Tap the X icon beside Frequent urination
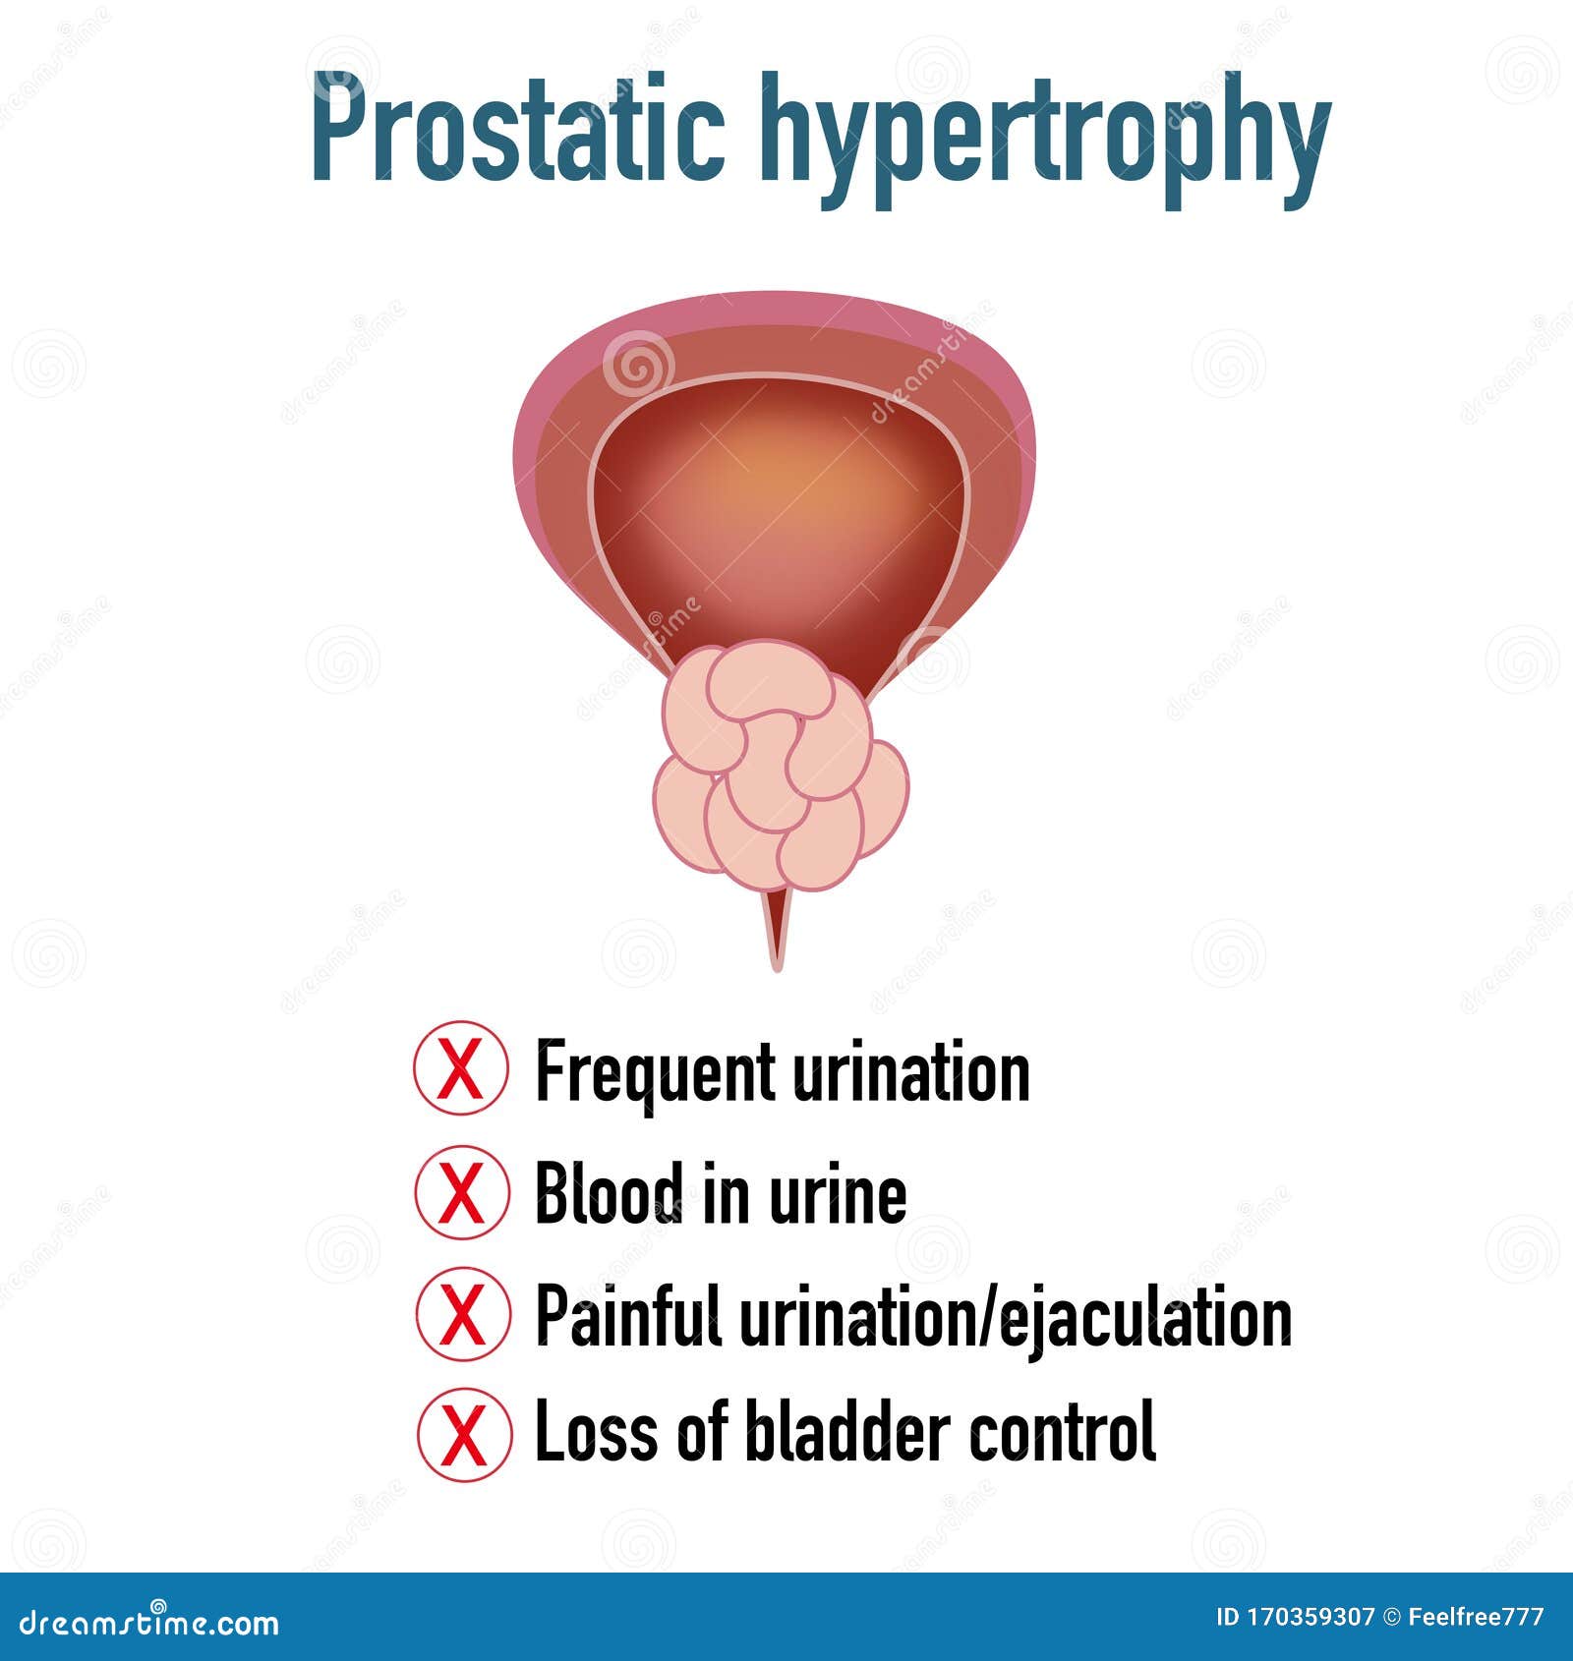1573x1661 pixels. coord(461,1068)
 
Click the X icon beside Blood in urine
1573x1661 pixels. coord(461,1192)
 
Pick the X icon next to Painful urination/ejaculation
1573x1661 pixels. coord(462,1313)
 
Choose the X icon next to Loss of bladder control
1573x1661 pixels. coord(463,1434)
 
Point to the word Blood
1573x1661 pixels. coord(609,1192)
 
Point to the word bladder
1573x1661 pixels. coord(848,1433)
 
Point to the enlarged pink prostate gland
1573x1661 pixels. coord(781,767)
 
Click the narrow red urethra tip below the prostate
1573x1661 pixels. coord(778,934)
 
